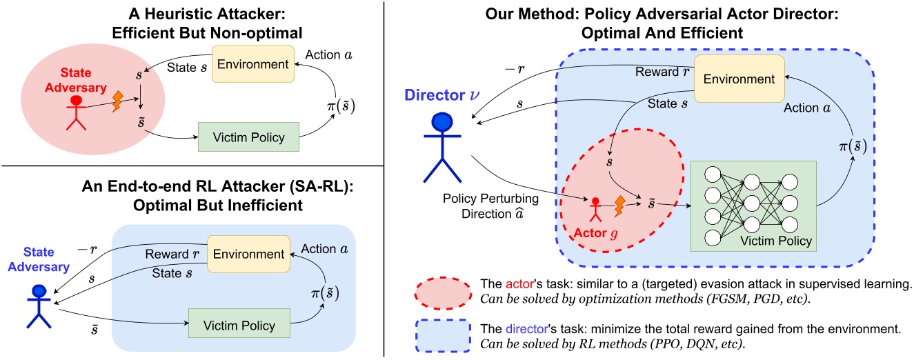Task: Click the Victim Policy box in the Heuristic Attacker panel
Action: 248,137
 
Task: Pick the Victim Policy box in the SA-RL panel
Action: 238,325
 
